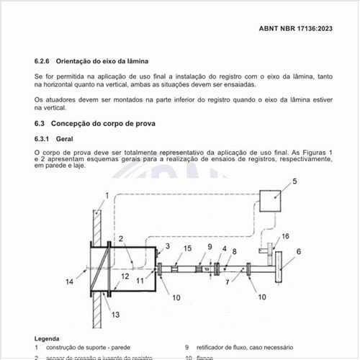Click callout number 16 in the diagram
tap(285, 236)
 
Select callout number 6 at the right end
tap(299, 251)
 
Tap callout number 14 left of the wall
tap(69, 282)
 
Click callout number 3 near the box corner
tap(168, 246)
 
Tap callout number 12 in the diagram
tap(125, 276)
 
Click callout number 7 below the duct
tap(228, 283)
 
